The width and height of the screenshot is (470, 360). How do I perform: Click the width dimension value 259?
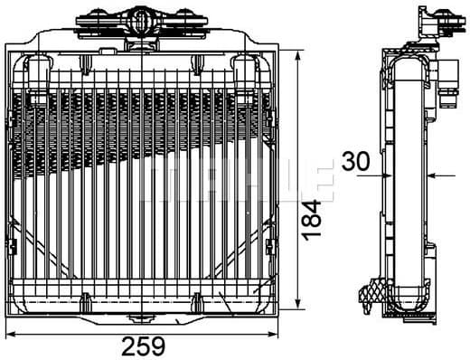[145, 345]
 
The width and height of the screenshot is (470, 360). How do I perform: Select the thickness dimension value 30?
[357, 163]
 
